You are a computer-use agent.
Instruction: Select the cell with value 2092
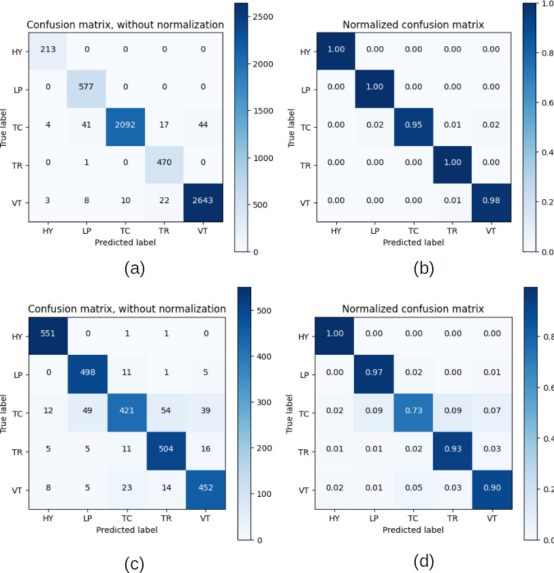click(125, 125)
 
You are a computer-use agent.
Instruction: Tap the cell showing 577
click(86, 87)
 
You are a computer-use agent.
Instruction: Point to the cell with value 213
click(48, 49)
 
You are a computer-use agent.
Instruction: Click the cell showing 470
click(164, 162)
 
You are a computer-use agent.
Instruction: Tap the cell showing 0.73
click(413, 410)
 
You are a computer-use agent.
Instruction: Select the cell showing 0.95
click(413, 126)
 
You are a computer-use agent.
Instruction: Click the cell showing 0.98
click(491, 201)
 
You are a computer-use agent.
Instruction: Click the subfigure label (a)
click(134, 268)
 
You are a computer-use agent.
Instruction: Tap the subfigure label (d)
click(423, 561)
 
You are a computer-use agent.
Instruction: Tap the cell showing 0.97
click(374, 372)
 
